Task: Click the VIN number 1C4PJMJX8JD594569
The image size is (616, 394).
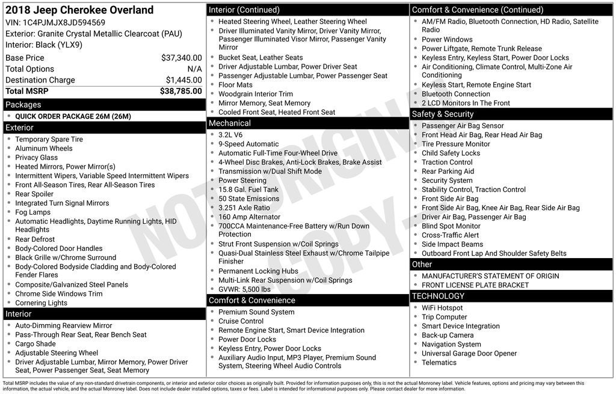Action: [64, 23]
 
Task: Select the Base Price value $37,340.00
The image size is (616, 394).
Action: [181, 58]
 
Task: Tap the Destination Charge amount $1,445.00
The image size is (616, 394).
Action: [183, 80]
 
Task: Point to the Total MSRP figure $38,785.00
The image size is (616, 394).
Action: [180, 91]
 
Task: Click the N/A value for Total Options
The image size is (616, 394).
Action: [194, 69]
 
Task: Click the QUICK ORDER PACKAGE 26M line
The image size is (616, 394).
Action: [73, 117]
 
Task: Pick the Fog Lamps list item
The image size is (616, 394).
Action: [33, 212]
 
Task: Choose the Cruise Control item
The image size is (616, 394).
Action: [241, 321]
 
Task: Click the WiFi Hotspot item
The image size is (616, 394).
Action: [442, 308]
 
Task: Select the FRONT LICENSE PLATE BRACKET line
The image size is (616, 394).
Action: [475, 285]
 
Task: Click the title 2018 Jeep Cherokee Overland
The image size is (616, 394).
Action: [79, 10]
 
